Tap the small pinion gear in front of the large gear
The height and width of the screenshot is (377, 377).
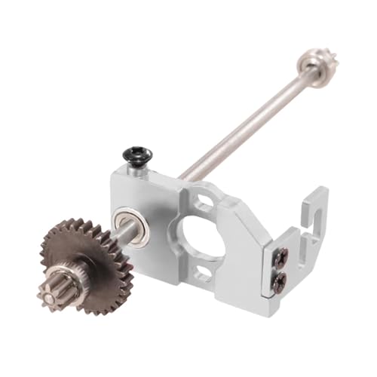point(57,286)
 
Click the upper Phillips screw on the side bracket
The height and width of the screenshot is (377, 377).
point(280,258)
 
